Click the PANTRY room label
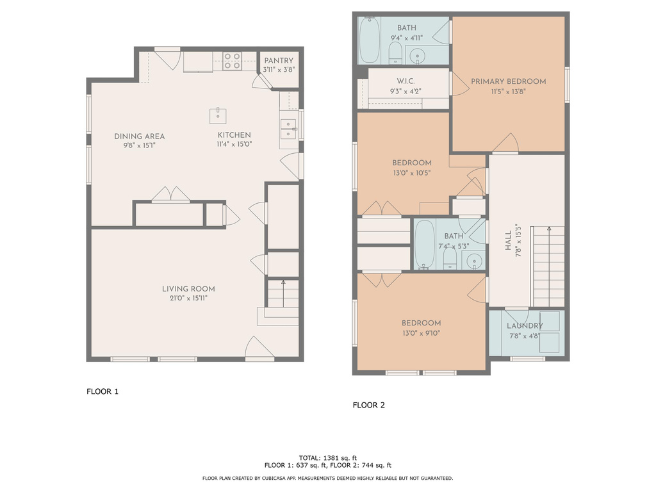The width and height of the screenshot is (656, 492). (279, 61)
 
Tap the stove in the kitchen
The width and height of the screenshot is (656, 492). (232, 61)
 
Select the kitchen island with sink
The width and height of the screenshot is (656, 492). (218, 115)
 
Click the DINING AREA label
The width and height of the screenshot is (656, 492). (140, 136)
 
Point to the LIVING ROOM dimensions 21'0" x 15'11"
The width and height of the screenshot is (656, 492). (188, 298)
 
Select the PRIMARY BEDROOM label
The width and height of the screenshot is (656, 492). (509, 81)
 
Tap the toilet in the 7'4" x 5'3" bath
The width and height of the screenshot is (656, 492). (450, 258)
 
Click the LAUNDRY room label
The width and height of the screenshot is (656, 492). (525, 326)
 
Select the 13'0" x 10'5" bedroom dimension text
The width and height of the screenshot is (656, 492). (412, 172)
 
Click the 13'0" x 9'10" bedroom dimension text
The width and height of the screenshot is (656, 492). (421, 332)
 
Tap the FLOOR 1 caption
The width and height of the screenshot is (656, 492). (102, 391)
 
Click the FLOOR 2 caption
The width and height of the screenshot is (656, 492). (369, 405)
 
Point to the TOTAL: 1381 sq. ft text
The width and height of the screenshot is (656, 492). (328, 457)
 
